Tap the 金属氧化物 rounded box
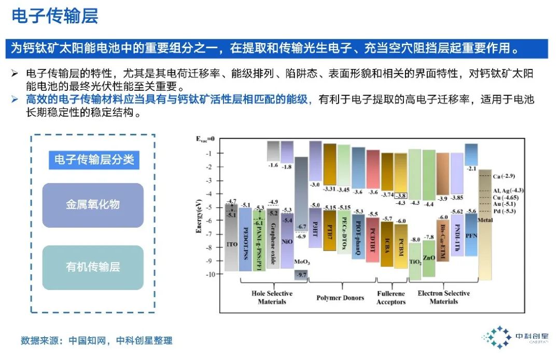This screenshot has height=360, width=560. pos(93,205)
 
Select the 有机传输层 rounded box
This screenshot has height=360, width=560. pos(93,267)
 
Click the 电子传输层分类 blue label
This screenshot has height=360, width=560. pos(94,160)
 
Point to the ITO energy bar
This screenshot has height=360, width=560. pos(231,239)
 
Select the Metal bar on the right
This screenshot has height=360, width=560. pos(485,223)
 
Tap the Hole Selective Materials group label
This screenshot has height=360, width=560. pos(272,297)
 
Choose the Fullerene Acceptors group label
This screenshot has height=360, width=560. pos(391,297)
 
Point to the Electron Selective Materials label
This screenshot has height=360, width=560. pos(443,297)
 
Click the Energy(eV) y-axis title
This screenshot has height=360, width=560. pos(199,216)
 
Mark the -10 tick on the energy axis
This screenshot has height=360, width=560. pos(207,274)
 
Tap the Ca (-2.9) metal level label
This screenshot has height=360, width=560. pos(503,176)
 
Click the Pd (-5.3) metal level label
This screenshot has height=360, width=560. pos(503,211)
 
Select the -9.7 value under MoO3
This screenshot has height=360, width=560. pos(301,274)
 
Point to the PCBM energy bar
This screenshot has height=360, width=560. pos(401,244)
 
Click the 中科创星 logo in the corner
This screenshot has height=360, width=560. pos(519,337)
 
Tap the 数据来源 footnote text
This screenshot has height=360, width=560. pos(96,341)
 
